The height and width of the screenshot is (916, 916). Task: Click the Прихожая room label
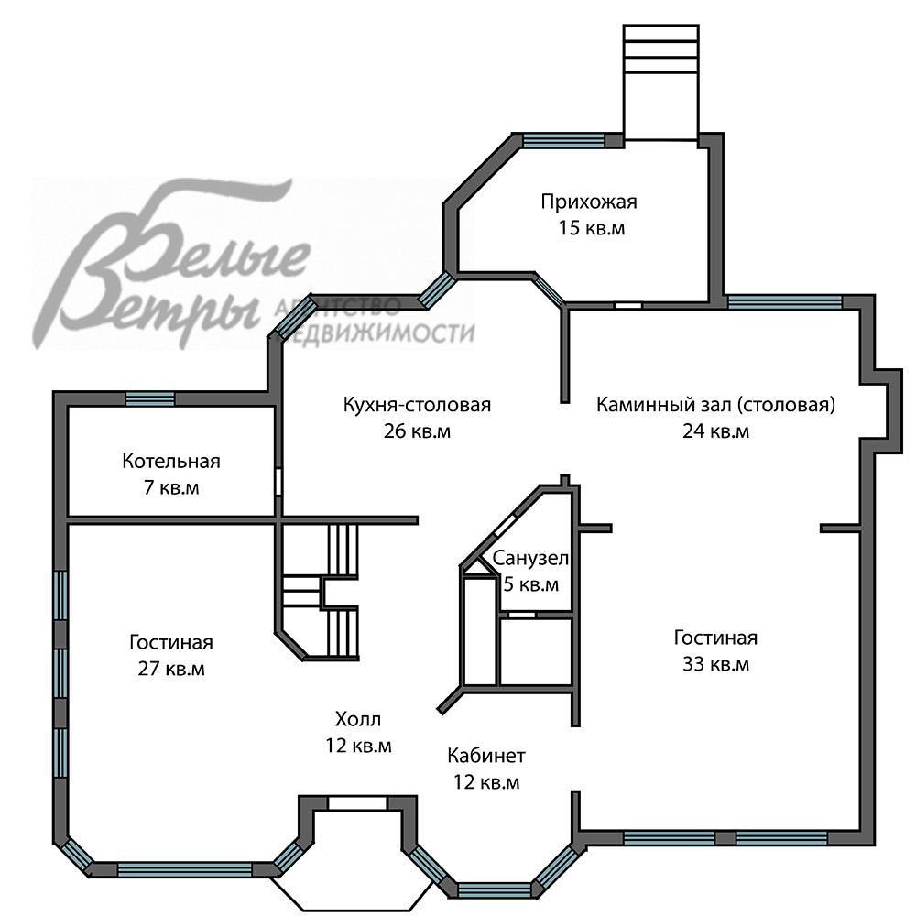click(589, 202)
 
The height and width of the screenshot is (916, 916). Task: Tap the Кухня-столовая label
click(417, 404)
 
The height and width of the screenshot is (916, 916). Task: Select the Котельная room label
click(171, 461)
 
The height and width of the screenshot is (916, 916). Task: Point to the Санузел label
click(530, 558)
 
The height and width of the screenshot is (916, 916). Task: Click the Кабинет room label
click(486, 756)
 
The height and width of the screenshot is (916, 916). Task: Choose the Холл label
click(358, 718)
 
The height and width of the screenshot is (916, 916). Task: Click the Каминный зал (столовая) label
click(715, 404)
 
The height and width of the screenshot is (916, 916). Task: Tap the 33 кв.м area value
click(715, 664)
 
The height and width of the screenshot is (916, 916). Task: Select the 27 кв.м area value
click(171, 669)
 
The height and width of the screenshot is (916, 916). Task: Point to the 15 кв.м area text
click(591, 228)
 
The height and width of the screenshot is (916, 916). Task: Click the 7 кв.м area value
click(171, 487)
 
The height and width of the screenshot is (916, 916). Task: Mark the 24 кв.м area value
click(715, 431)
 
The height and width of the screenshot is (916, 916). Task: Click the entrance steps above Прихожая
click(660, 49)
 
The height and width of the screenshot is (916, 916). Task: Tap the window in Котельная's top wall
click(150, 398)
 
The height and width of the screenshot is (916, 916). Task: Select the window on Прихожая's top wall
click(563, 139)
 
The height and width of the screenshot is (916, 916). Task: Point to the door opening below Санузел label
click(521, 615)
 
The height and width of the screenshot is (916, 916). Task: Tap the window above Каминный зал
click(785, 302)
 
